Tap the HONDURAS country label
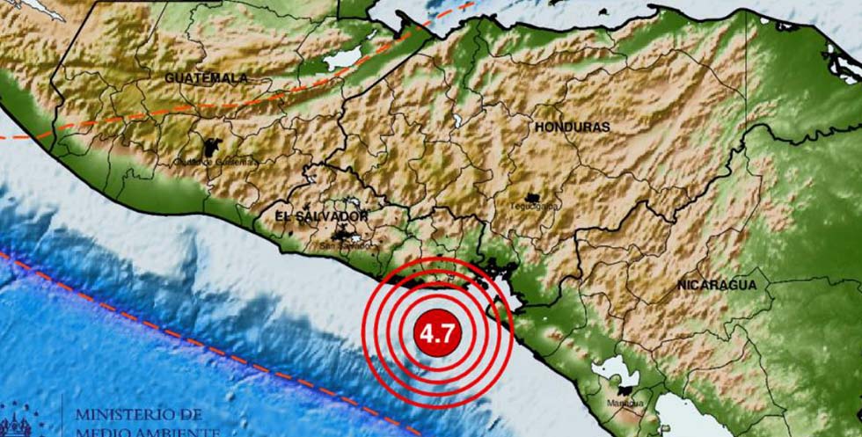pyautogui.click(x=572, y=127)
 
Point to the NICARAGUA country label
pyautogui.click(x=717, y=286)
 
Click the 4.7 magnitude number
pyautogui.click(x=436, y=334)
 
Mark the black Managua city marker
pyautogui.click(x=626, y=391)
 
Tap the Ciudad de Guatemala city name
pyautogui.click(x=215, y=162)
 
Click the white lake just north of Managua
pyautogui.click(x=607, y=374)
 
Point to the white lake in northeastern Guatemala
pyautogui.click(x=343, y=60)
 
